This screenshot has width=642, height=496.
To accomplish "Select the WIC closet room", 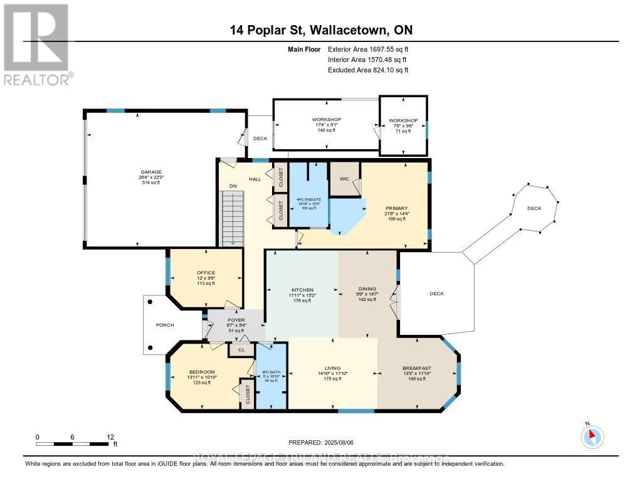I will [344, 178].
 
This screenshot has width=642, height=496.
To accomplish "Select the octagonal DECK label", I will [534, 208].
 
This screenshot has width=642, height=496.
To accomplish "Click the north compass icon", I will [592, 436].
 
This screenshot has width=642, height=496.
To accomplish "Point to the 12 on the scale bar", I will [110, 436].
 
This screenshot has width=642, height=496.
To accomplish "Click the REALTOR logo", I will [37, 44].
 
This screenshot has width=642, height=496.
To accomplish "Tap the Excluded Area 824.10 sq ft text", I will [368, 70].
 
